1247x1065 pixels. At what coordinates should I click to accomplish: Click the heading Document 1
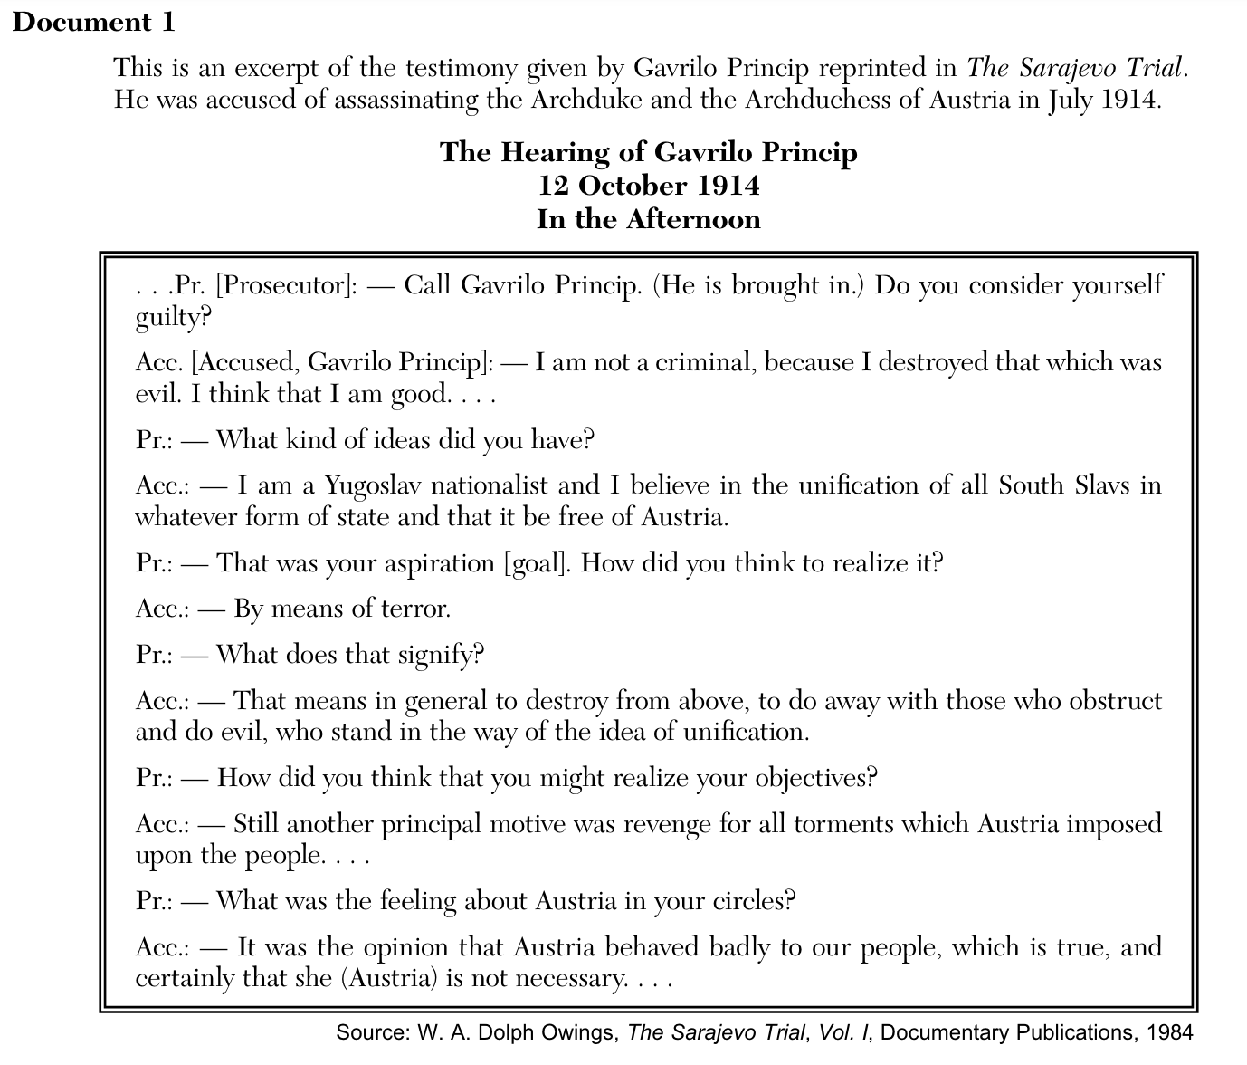94,22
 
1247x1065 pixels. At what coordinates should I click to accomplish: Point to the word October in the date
634,185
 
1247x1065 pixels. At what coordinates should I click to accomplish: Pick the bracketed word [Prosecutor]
287,285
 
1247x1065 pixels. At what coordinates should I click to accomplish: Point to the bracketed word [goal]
538,563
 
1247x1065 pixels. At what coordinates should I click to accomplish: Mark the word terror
414,608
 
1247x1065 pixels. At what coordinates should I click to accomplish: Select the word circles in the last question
750,901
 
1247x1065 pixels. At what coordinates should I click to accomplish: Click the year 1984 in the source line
1169,1032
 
